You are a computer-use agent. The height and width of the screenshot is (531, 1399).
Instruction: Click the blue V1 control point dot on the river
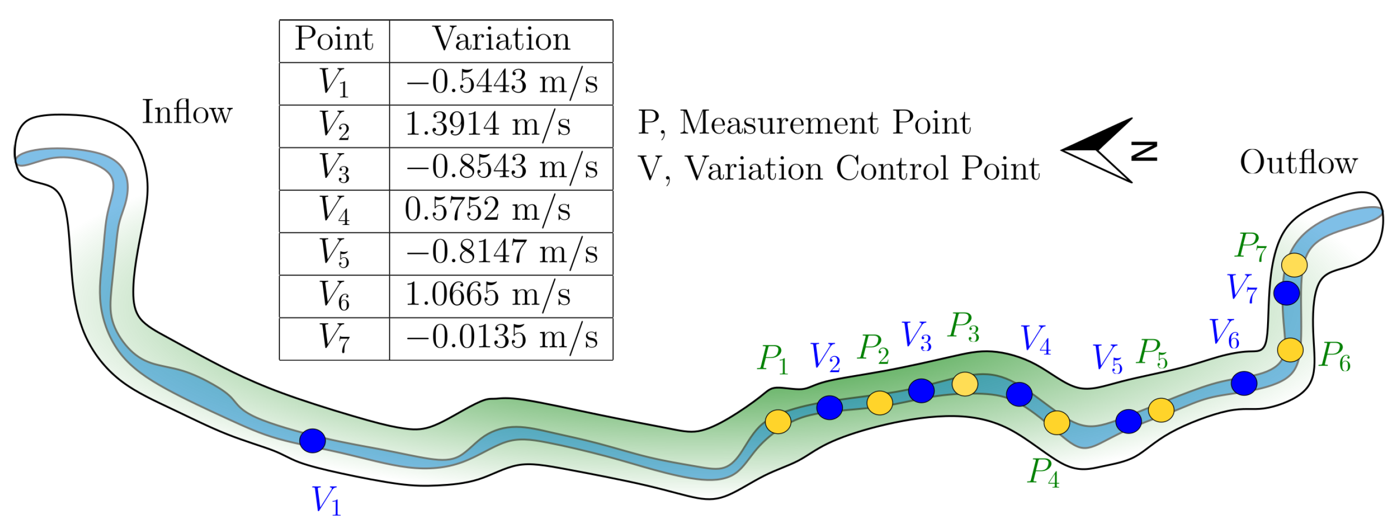(x=312, y=440)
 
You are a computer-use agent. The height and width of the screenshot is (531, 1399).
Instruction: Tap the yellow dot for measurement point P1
(x=778, y=422)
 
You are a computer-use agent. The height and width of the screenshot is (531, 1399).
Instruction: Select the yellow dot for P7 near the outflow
(x=1294, y=265)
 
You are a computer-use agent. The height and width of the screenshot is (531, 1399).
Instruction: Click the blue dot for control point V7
(x=1286, y=293)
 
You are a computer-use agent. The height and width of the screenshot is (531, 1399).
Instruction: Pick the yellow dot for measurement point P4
(x=1057, y=422)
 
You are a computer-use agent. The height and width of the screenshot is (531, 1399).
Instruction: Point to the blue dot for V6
(x=1244, y=383)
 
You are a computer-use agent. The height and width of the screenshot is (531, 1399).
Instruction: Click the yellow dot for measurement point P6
(x=1290, y=349)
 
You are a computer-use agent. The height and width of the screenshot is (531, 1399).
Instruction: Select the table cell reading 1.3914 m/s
(x=488, y=125)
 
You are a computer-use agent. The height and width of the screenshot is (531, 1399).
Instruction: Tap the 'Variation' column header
(x=501, y=40)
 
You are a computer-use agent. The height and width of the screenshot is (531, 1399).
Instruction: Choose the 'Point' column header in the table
(x=334, y=40)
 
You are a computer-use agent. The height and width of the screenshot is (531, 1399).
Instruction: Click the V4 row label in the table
(x=334, y=210)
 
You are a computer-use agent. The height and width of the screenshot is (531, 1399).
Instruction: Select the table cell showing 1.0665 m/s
(x=488, y=295)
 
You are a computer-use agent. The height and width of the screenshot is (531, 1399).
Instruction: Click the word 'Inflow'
(x=187, y=112)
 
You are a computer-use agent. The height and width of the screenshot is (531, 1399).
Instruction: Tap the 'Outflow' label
(x=1299, y=162)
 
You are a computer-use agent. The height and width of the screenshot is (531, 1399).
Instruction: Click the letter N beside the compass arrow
(x=1144, y=152)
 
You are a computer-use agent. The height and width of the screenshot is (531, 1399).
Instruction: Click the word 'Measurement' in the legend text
(x=779, y=123)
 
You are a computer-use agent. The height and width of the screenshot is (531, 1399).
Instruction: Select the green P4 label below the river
(x=1043, y=472)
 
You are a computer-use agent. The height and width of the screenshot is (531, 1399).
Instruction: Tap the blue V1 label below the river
(x=326, y=500)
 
